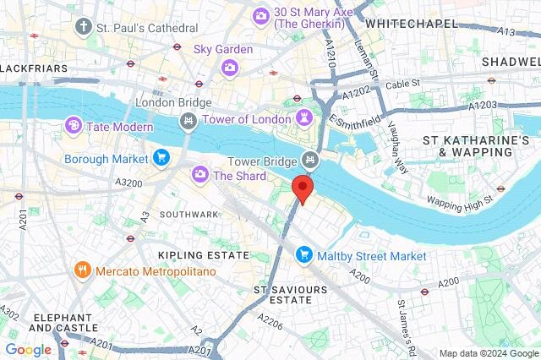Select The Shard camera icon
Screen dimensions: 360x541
(200, 175)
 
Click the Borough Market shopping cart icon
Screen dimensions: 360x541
(161, 157)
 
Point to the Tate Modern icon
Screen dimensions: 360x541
(74, 127)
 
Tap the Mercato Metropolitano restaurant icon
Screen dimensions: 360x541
(83, 271)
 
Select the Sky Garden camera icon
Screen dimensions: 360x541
(229, 67)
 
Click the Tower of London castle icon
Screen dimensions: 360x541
(304, 118)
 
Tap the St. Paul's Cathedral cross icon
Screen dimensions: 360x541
(83, 27)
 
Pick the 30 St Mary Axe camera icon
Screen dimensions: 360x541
(261, 15)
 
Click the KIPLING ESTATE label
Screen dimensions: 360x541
(204, 254)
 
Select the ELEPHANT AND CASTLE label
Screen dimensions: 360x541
(62, 323)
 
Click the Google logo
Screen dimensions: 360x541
(28, 349)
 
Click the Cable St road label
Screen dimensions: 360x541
(402, 85)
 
